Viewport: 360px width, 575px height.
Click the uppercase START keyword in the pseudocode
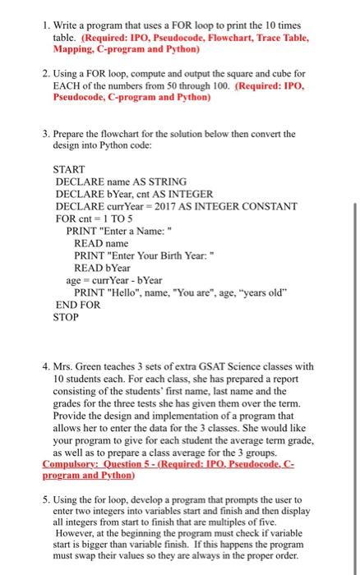[71, 169]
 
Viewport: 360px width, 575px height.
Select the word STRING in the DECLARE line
[165, 181]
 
